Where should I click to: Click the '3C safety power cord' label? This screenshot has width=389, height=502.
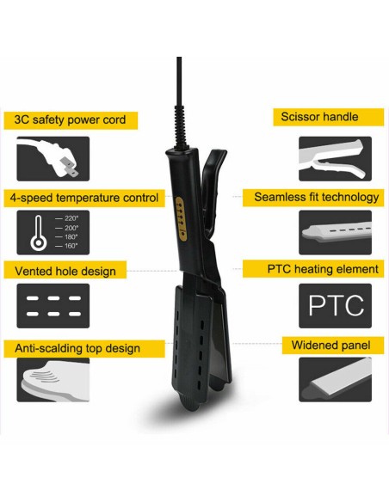pos(70,120)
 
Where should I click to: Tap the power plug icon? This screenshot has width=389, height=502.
pos(52,159)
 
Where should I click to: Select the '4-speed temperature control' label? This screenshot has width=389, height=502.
pos(84,198)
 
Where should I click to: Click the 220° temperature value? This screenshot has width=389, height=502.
pos(71,218)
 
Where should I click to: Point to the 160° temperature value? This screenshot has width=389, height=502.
pos(71,246)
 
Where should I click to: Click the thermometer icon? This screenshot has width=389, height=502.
pos(39,233)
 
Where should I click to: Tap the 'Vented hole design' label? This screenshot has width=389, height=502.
pos(65,272)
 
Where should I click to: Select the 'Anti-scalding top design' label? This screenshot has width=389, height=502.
pos(77,348)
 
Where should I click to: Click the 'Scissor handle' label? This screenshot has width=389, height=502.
pos(319,117)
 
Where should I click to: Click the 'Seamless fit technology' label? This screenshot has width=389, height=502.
pos(317,197)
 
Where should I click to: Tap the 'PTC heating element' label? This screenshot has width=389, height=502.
pos(323,269)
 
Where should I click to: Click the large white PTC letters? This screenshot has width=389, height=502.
pos(336,305)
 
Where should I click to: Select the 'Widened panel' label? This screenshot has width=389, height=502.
pos(330,346)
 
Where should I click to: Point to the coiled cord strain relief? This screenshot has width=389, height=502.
pos(179,126)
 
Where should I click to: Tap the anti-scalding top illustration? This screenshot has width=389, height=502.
pos(52,380)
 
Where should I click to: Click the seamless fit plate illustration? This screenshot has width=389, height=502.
pos(335,232)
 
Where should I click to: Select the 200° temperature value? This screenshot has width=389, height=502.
pos(71,228)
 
